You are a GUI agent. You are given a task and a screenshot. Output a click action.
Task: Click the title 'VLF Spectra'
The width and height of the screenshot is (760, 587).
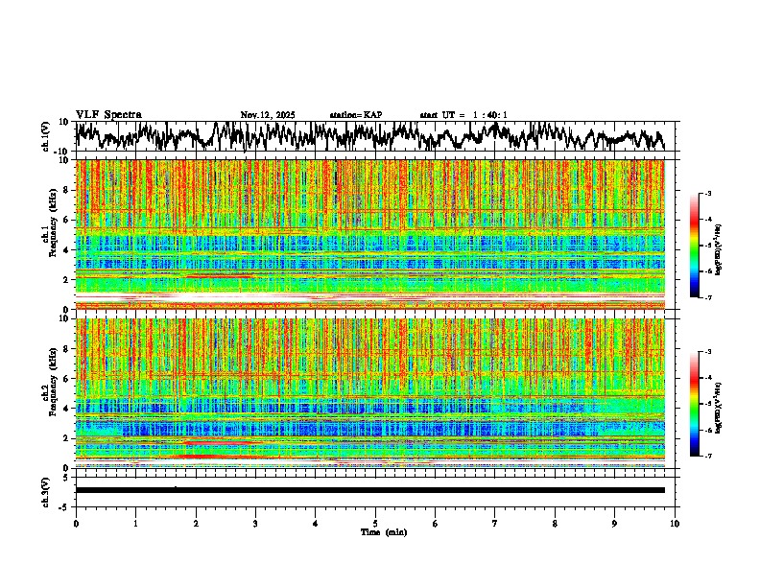108,115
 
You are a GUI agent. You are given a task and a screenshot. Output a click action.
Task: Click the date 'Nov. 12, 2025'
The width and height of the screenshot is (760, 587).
268,115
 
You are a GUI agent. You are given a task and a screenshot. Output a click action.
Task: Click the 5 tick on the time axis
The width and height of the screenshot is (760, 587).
375,523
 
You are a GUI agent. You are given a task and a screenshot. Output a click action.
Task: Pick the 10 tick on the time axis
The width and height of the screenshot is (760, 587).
676,523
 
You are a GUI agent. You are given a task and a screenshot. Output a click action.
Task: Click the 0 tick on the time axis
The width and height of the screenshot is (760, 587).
76,523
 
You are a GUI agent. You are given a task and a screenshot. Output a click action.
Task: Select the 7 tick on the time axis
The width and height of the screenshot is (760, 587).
495,523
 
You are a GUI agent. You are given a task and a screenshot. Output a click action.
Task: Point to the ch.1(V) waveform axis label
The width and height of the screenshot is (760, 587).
47,136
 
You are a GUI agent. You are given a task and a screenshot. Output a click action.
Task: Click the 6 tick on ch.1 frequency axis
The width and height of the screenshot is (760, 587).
67,220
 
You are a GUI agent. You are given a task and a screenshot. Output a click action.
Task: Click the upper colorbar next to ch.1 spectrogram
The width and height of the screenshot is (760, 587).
695,246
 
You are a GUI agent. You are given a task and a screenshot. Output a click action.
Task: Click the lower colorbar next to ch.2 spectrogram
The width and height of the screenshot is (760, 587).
695,404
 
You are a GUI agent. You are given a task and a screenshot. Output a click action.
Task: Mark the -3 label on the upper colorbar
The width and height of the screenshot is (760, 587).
707,194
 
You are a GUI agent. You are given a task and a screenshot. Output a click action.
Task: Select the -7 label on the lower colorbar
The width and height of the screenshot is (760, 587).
707,457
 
